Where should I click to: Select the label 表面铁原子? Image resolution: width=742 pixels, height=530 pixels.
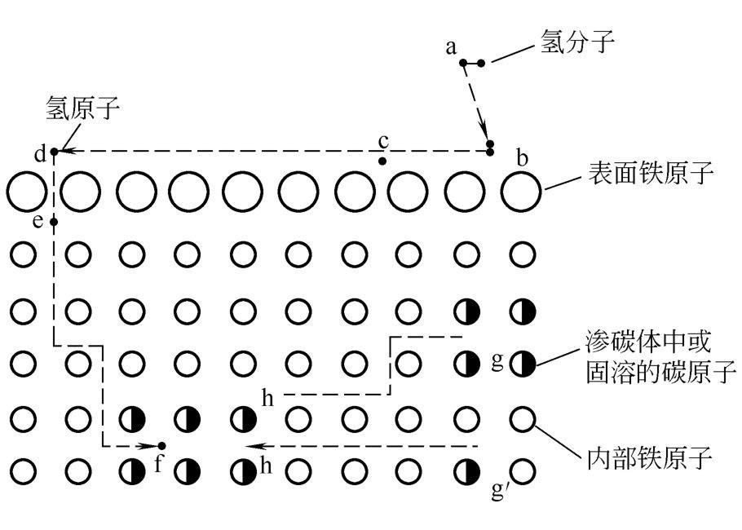click(x=651, y=173)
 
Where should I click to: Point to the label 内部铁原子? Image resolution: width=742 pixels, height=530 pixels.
click(x=650, y=457)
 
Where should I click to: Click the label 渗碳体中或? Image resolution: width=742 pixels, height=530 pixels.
click(x=648, y=342)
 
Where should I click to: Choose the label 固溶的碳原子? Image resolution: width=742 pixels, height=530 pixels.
click(x=660, y=371)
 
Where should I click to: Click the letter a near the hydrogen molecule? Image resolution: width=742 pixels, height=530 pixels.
click(x=452, y=47)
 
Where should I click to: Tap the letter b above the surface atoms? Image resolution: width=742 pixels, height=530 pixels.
click(x=522, y=158)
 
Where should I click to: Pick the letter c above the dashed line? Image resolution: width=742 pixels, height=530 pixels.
click(x=384, y=141)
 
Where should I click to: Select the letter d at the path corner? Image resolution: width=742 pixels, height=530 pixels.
click(x=41, y=154)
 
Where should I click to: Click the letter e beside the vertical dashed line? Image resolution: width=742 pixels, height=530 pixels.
click(x=38, y=221)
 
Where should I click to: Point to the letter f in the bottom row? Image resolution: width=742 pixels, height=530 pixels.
click(x=158, y=464)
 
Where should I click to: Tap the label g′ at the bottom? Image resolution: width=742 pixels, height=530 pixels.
click(x=500, y=490)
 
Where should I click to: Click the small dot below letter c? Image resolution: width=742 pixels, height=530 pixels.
click(x=382, y=161)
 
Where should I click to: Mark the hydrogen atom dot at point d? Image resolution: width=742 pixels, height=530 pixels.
click(x=54, y=152)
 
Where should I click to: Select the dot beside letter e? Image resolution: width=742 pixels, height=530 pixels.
click(x=54, y=222)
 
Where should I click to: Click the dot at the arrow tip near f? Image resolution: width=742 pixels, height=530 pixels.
click(x=161, y=446)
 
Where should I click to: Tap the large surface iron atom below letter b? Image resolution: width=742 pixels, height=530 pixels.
click(x=520, y=192)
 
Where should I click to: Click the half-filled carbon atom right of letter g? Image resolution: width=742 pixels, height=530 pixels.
click(x=523, y=364)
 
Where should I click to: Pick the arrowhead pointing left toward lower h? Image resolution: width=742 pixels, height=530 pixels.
click(x=254, y=446)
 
